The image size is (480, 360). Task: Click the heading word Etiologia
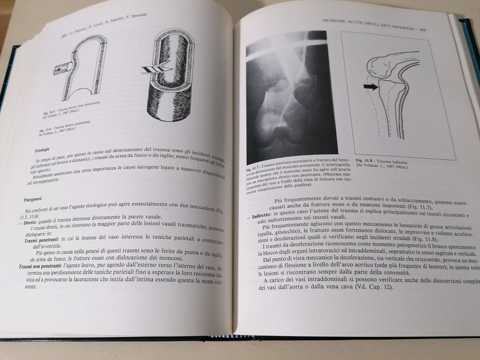(47, 150)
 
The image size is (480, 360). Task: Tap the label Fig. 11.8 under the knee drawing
(366, 160)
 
